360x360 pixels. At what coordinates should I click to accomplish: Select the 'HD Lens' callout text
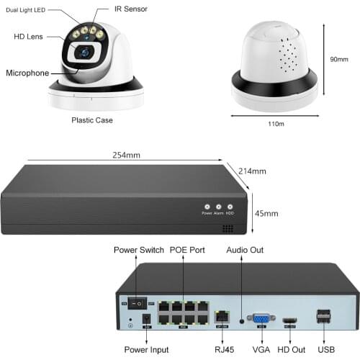click(29, 36)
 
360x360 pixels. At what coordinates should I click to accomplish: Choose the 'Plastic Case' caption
click(91, 120)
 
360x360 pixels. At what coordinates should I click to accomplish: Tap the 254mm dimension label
click(127, 155)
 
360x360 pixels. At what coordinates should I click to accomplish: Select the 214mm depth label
click(252, 171)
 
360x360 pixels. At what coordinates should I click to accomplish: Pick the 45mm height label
click(266, 214)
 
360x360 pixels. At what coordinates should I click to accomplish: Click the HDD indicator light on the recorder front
click(230, 206)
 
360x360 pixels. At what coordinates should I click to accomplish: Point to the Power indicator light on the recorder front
click(207, 206)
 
